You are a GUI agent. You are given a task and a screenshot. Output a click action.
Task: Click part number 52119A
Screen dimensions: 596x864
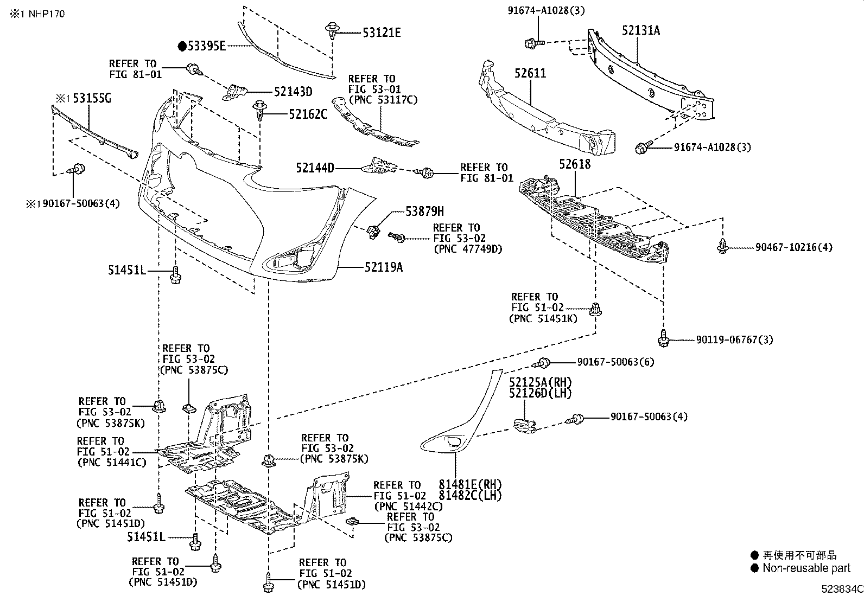(384, 267)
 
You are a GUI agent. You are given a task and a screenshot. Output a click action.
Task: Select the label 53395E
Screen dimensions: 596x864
(206, 46)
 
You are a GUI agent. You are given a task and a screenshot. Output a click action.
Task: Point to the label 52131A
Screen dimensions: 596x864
(641, 31)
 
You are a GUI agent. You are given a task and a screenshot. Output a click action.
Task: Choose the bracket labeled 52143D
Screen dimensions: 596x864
(234, 91)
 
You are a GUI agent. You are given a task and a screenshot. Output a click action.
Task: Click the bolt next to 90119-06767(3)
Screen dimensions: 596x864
(663, 338)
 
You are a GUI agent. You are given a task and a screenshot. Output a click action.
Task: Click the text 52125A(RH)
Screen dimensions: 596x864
(541, 383)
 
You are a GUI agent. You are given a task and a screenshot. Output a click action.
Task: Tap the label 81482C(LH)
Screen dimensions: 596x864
(470, 495)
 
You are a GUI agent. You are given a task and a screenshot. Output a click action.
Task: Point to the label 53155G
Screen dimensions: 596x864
(92, 98)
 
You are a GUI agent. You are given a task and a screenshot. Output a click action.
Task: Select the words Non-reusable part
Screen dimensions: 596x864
(806, 568)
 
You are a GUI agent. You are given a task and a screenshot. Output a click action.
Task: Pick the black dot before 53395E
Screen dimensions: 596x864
(182, 46)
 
